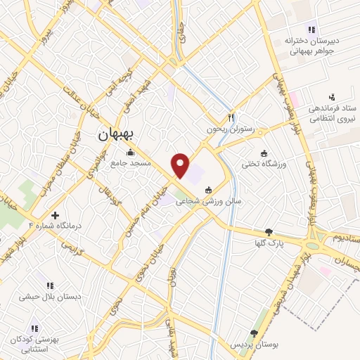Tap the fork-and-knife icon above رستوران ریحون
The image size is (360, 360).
pos(230,117)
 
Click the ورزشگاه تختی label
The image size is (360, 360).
pos(263,164)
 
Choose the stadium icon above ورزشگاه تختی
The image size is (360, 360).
pos(264,153)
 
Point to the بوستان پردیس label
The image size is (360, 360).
pos(254,345)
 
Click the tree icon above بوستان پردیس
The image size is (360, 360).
pos(254,334)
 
